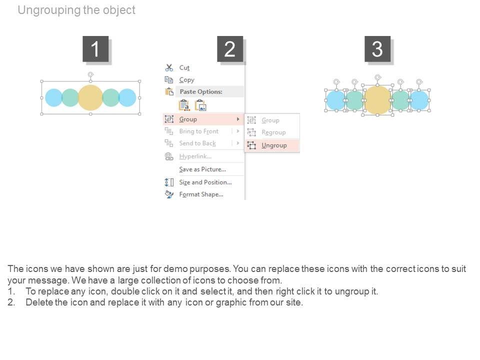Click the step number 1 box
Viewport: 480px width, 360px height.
95,48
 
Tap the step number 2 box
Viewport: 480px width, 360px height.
230,48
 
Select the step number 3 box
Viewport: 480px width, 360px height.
377,48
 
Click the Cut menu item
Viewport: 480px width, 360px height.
184,67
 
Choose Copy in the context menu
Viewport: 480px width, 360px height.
186,80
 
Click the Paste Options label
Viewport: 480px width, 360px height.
201,91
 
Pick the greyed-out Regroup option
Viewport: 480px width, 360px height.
273,132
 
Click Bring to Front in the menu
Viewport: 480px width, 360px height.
198,131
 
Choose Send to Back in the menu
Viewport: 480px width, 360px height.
197,143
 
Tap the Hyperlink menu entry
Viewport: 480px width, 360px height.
195,156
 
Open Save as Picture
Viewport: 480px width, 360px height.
202,169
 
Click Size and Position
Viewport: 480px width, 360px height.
205,182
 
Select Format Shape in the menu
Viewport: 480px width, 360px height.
201,194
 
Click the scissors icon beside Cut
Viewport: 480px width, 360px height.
169,67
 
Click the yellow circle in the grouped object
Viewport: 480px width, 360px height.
90,97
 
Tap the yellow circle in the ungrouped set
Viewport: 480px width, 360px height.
378,100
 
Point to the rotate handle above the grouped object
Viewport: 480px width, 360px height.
90,74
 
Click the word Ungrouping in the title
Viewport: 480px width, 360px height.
49,10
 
